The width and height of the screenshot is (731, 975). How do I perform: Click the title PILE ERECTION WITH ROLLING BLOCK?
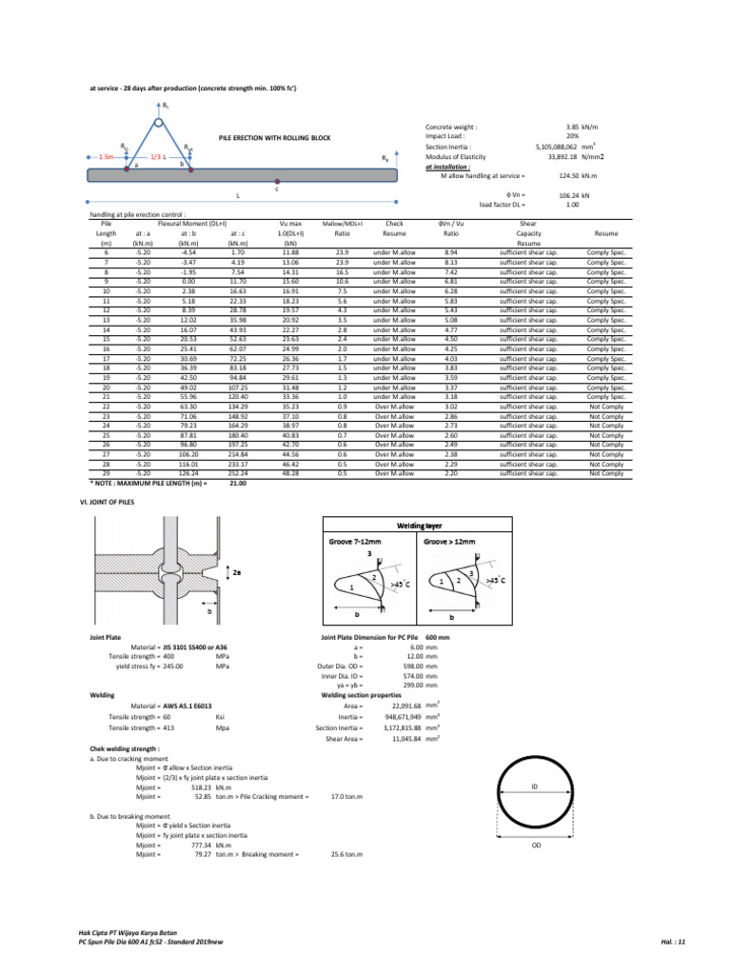click(274, 138)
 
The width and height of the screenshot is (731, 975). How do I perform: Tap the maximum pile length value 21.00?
click(238, 483)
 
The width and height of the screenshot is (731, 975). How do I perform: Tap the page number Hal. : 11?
click(673, 942)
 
